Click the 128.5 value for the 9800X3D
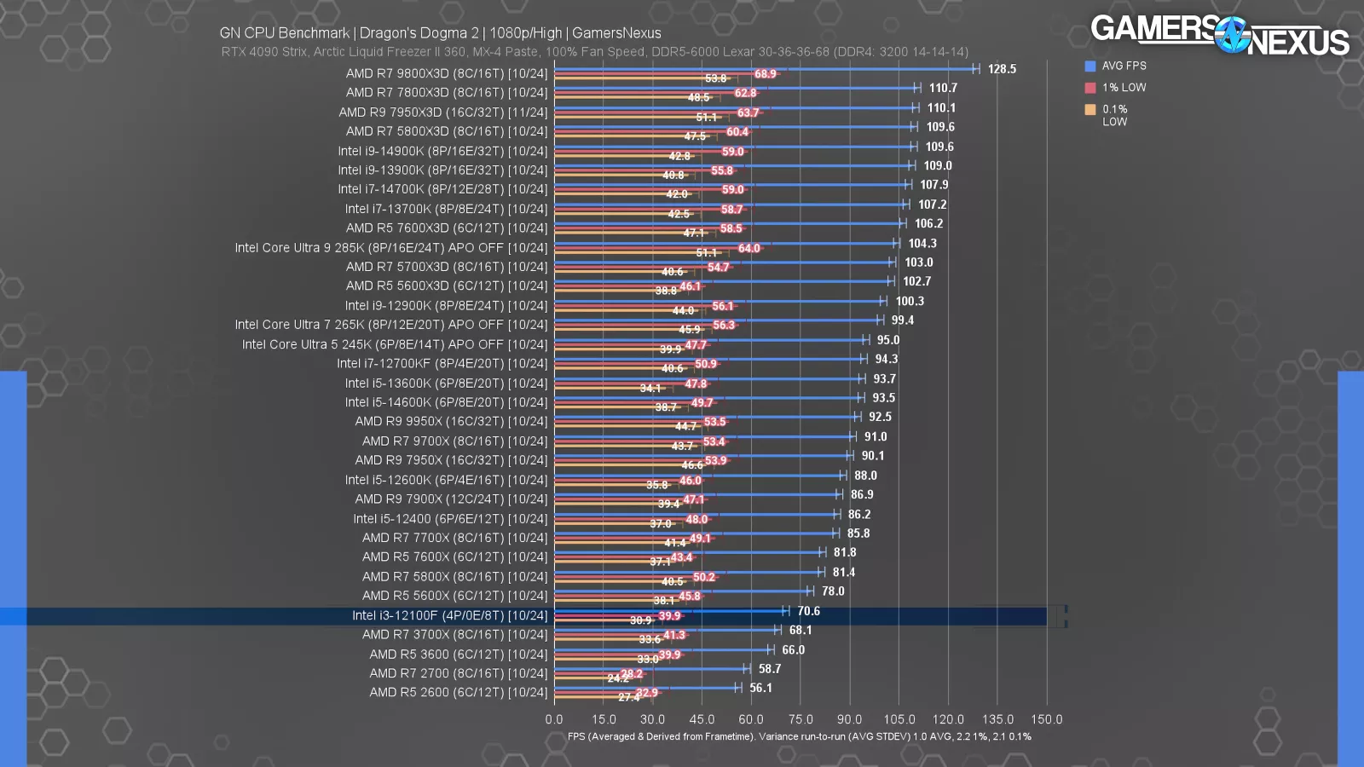pyautogui.click(x=1002, y=69)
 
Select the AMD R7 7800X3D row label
pyautogui.click(x=447, y=92)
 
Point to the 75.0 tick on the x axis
pyautogui.click(x=800, y=719)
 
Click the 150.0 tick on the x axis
pyautogui.click(x=1047, y=719)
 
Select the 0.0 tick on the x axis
pyautogui.click(x=554, y=719)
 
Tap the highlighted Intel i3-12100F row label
pyautogui.click(x=449, y=615)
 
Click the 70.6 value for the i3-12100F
pyautogui.click(x=808, y=611)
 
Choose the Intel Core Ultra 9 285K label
pyautogui.click(x=391, y=248)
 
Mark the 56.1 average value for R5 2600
pyautogui.click(x=760, y=688)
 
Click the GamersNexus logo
pyautogui.click(x=1219, y=34)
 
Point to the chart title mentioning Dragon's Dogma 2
pyautogui.click(x=440, y=33)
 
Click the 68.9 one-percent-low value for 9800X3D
pyautogui.click(x=765, y=74)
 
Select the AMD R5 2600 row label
pyautogui.click(x=458, y=693)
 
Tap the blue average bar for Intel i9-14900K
pyautogui.click(x=733, y=147)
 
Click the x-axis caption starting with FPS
pyautogui.click(x=799, y=736)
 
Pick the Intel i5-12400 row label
pyautogui.click(x=450, y=519)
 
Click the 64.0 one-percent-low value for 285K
pyautogui.click(x=748, y=249)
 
